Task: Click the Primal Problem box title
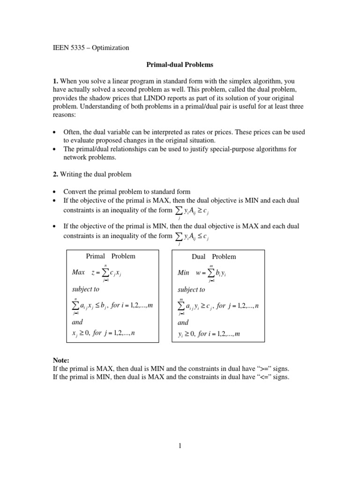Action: click(x=111, y=256)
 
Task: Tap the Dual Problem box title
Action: click(x=214, y=257)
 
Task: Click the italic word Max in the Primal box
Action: click(x=78, y=272)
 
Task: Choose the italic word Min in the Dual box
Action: click(x=183, y=273)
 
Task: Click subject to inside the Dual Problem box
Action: click(x=191, y=290)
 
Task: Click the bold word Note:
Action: click(x=60, y=360)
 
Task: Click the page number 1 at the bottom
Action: click(x=180, y=447)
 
